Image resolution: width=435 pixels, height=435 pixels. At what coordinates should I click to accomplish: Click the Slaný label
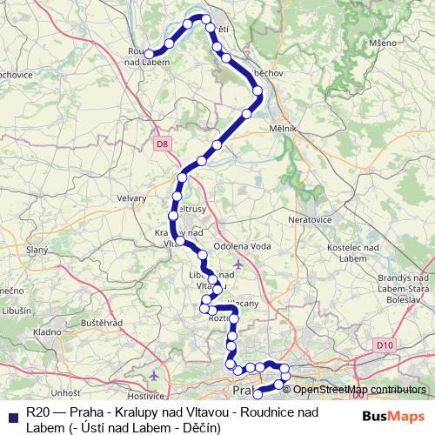click(37, 250)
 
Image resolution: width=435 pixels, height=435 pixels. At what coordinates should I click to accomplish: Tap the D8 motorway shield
click(162, 144)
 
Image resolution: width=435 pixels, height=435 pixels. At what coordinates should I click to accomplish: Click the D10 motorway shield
click(386, 345)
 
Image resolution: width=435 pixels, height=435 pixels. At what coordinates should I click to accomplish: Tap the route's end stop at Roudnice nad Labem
click(151, 54)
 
